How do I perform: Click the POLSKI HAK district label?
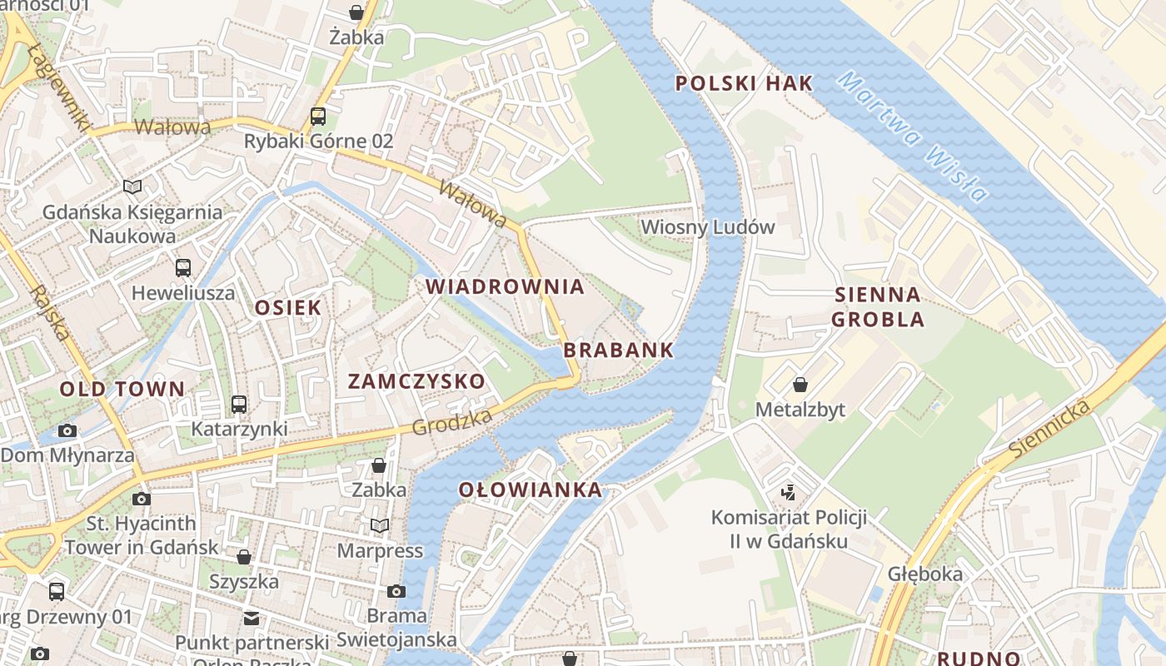click(744, 83)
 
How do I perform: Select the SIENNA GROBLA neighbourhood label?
click(878, 306)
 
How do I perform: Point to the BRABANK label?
click(618, 350)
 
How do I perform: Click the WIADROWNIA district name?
click(505, 287)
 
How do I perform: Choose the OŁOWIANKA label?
click(531, 490)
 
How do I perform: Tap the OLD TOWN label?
click(122, 389)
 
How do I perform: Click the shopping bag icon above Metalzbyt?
click(800, 385)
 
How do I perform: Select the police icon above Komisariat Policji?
click(788, 492)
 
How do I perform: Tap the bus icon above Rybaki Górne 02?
click(318, 117)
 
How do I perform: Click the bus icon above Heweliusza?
click(183, 268)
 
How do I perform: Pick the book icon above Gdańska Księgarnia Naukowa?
click(132, 186)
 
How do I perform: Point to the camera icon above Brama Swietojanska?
click(396, 591)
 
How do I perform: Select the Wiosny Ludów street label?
click(707, 226)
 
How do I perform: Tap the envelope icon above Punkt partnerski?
click(252, 618)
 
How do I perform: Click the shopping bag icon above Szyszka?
click(244, 556)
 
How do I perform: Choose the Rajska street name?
click(50, 313)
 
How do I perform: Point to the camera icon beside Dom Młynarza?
click(67, 430)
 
